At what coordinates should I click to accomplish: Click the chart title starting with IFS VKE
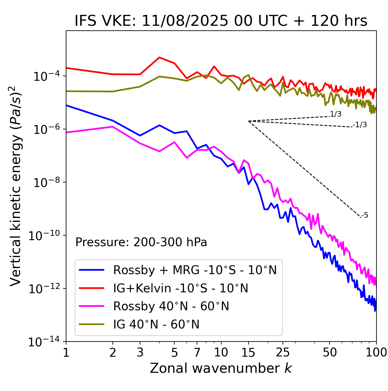[221, 21]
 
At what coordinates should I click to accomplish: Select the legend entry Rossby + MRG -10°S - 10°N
[195, 270]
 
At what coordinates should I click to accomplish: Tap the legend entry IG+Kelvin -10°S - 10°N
[181, 288]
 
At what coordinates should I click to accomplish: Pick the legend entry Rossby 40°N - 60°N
[171, 306]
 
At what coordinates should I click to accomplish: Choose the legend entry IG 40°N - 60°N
[156, 325]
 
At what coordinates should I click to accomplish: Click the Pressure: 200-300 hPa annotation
[141, 242]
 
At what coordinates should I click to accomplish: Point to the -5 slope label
[365, 215]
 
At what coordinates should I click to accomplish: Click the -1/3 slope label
[360, 125]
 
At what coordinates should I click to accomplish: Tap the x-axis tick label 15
[248, 352]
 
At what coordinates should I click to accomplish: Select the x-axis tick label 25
[283, 352]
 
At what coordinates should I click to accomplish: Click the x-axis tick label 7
[197, 352]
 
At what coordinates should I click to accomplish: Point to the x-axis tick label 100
[376, 352]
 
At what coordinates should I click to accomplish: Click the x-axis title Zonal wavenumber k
[221, 368]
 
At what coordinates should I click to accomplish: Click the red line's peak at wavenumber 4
[159, 57]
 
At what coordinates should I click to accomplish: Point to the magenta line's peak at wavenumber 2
[113, 127]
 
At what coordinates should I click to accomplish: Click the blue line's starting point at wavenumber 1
[66, 105]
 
